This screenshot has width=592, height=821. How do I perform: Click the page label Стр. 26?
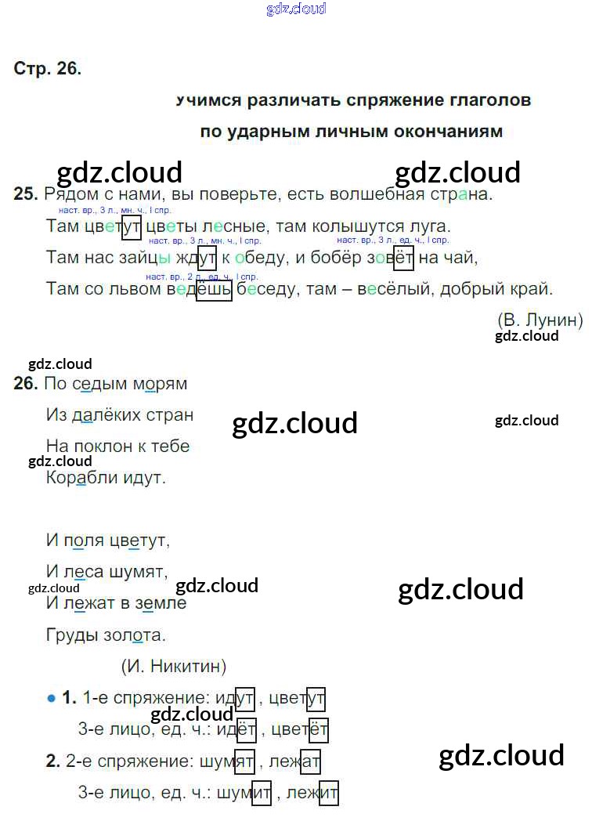click(x=47, y=68)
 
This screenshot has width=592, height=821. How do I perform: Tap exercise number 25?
click(x=25, y=194)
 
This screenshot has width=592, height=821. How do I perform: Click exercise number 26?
click(x=25, y=384)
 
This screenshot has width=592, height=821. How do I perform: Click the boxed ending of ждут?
click(x=207, y=258)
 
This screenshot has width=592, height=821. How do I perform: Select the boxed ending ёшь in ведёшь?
click(x=214, y=289)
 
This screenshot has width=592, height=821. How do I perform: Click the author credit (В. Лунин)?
click(x=540, y=320)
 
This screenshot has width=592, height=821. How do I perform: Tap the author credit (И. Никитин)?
click(x=174, y=666)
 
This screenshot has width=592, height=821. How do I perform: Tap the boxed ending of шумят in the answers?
click(x=244, y=761)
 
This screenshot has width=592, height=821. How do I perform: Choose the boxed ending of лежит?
click(x=328, y=793)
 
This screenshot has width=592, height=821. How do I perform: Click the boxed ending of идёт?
click(x=245, y=730)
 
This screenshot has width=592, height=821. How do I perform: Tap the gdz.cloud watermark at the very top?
click(x=296, y=9)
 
